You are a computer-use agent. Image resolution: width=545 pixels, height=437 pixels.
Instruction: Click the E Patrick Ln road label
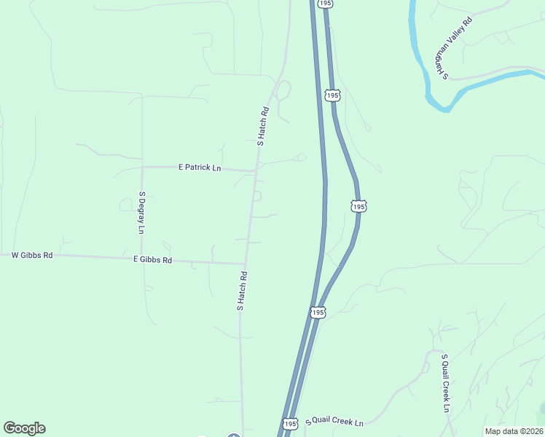(x=200, y=168)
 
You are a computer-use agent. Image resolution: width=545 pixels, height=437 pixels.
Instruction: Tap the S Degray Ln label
(x=141, y=213)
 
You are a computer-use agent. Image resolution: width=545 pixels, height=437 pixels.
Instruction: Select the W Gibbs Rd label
(x=33, y=256)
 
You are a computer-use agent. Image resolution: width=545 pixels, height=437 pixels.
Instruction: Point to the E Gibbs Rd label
(x=152, y=259)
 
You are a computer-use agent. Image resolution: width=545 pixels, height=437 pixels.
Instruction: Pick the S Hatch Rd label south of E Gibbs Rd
(x=243, y=291)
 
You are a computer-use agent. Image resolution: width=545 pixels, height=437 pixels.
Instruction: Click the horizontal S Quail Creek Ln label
(x=334, y=421)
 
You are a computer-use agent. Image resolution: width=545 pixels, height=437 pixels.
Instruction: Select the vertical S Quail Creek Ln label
(x=444, y=383)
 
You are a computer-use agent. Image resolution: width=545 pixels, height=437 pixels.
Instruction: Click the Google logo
(x=24, y=428)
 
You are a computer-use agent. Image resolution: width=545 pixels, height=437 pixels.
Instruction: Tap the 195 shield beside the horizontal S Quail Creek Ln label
(x=291, y=423)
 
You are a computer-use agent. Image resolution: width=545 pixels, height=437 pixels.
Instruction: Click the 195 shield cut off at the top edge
(x=326, y=4)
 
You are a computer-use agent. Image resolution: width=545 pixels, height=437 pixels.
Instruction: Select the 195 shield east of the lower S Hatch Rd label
(x=317, y=312)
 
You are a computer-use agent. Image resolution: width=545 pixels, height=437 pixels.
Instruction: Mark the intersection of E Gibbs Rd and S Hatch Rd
(x=245, y=264)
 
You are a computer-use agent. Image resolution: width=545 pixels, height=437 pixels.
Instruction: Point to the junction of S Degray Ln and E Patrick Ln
(x=142, y=167)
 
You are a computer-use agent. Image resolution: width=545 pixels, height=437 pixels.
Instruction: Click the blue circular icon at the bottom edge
(x=233, y=436)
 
